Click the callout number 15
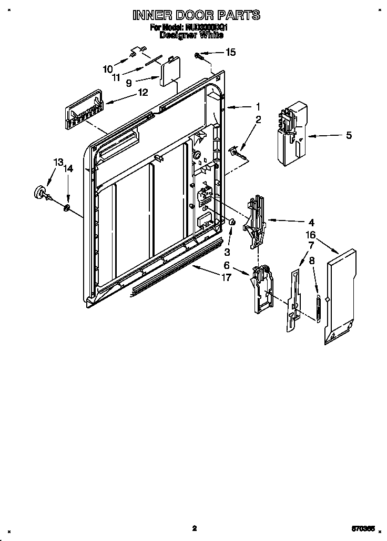(x=231, y=52)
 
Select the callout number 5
(x=349, y=135)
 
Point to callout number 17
(x=226, y=277)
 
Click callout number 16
(x=311, y=235)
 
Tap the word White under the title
(x=210, y=35)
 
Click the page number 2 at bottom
(x=194, y=528)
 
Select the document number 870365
(x=363, y=528)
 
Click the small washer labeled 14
(x=67, y=209)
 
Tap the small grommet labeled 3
(x=230, y=224)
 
